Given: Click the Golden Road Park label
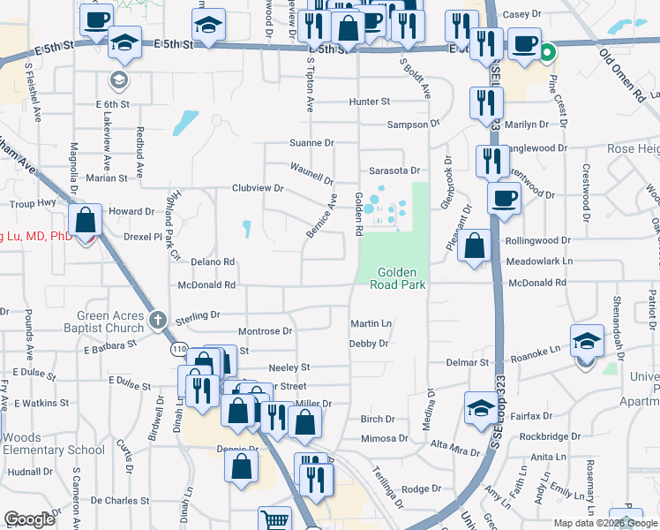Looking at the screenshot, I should click(401, 278).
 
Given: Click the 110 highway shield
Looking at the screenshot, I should click(180, 350).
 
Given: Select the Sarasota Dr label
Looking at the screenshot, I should click(394, 170).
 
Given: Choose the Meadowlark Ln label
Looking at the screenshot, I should click(540, 261).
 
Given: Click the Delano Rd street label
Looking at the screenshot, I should click(213, 262).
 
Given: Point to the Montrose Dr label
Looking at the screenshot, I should click(265, 331).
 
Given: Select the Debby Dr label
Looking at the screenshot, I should click(368, 344).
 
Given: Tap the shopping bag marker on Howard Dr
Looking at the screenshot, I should click(86, 221).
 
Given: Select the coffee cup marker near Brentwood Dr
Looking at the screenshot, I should click(504, 197).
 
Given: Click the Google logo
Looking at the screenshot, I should click(29, 519).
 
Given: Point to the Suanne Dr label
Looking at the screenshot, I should click(312, 142).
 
